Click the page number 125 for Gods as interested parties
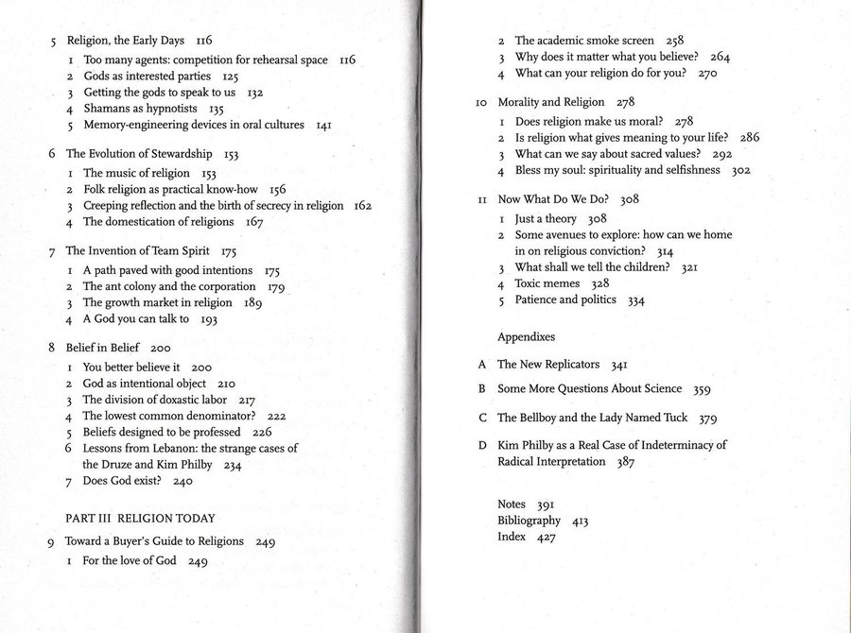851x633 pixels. coord(231,77)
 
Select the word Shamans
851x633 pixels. coord(107,109)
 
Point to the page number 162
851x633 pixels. coord(362,206)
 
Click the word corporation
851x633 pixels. coord(221,286)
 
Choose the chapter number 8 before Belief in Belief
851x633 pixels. coord(52,348)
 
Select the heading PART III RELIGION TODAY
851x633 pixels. coord(140,519)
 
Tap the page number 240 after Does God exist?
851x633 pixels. coord(182,481)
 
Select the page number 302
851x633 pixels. coord(740,171)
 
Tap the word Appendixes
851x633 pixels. coord(526,337)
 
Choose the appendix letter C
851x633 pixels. coord(482,418)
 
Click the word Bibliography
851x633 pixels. coord(529,521)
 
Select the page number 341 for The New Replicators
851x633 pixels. coord(619,365)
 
